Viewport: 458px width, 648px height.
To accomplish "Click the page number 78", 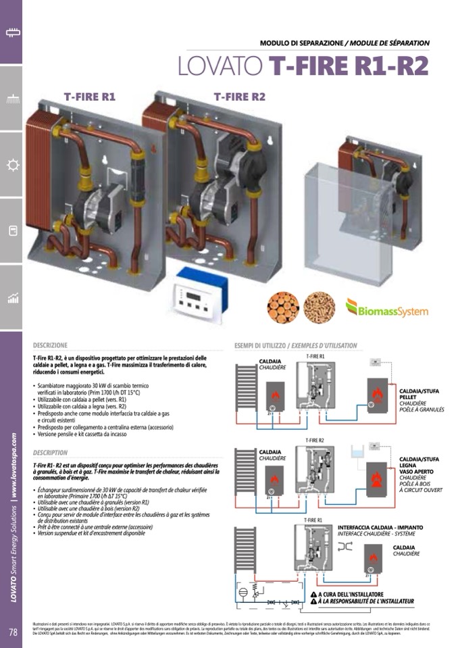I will pyautogui.click(x=12, y=632).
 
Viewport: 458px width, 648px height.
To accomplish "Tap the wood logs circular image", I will pyautogui.click(x=283, y=307).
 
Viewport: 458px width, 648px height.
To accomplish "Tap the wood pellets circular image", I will pyautogui.click(x=319, y=307).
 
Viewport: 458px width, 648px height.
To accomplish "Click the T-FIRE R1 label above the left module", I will pyautogui.click(x=90, y=97).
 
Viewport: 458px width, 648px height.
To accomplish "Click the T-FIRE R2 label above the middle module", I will pyautogui.click(x=240, y=97).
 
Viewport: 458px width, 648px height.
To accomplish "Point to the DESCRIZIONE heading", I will pyautogui.click(x=50, y=345).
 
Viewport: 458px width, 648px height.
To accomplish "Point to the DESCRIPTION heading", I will pyautogui.click(x=50, y=452).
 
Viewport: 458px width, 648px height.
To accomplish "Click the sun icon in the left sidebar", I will pyautogui.click(x=11, y=165).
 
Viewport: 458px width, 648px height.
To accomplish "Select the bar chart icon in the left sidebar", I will pyautogui.click(x=11, y=298).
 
